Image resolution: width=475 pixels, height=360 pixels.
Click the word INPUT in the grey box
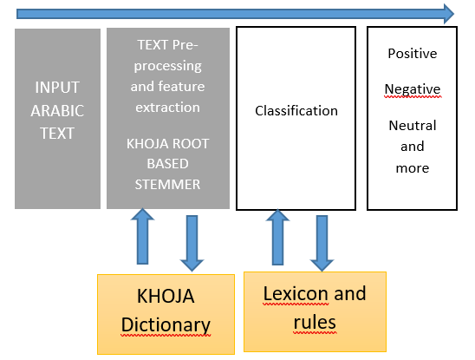tap(57, 88)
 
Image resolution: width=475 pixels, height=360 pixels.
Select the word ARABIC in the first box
tap(57, 111)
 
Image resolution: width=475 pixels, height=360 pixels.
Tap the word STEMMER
tap(167, 185)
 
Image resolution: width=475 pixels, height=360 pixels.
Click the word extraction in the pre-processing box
tap(167, 108)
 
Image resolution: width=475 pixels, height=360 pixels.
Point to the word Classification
tap(296, 111)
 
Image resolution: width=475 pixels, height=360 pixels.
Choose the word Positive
tap(413, 54)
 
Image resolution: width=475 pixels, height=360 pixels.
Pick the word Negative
tap(413, 89)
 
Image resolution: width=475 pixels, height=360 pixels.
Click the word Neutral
tap(413, 126)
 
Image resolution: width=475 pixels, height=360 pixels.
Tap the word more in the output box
tap(413, 168)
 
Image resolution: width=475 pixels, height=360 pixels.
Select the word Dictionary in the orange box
tap(166, 325)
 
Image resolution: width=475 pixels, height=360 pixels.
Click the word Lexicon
tap(296, 294)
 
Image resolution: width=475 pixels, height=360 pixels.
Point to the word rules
tap(315, 322)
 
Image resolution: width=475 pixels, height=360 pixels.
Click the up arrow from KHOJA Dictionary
tap(143, 236)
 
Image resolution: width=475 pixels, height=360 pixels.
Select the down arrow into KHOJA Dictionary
tap(192, 244)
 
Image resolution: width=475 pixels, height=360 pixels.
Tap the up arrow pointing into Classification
tap(277, 237)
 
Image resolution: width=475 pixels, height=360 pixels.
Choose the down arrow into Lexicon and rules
tap(322, 244)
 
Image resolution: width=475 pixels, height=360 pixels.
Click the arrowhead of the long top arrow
tap(449, 14)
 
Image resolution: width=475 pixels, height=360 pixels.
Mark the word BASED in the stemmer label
tap(167, 164)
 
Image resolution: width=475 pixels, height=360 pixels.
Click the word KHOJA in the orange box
tap(166, 297)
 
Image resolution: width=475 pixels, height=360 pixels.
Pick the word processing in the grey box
tap(167, 67)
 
